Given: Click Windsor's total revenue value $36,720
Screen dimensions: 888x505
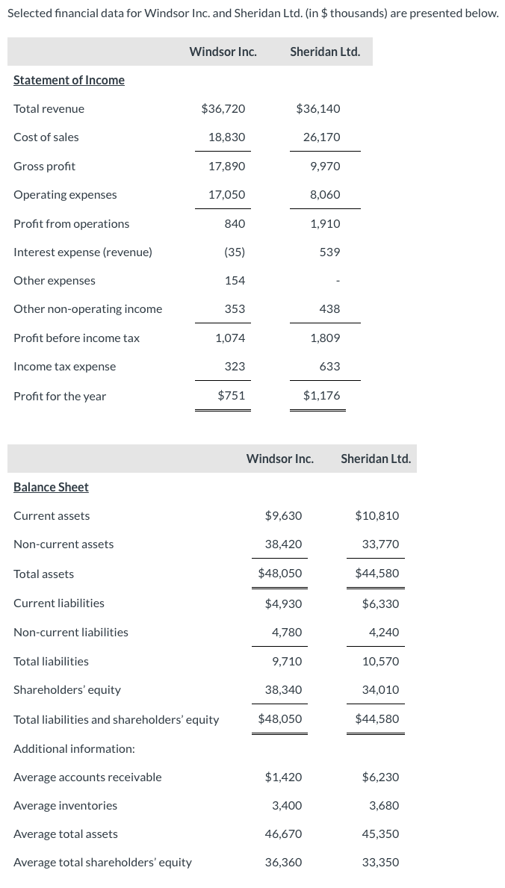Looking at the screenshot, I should [x=223, y=109].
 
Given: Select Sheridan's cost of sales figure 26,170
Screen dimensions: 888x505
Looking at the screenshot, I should [x=321, y=137].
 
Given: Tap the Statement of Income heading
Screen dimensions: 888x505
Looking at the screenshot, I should [x=69, y=80].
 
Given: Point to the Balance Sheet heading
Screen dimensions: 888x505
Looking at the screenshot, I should [x=51, y=487].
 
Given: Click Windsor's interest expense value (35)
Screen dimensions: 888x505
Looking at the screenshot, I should [x=235, y=252].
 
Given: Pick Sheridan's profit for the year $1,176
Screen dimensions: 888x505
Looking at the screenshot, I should [x=321, y=396].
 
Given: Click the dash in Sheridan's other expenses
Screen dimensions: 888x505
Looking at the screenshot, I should [x=338, y=282].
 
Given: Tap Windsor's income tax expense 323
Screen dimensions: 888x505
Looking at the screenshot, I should [x=235, y=367].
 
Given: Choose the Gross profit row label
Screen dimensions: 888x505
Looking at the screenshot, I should [x=44, y=166].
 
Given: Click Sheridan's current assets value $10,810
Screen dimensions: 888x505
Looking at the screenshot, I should [x=377, y=516].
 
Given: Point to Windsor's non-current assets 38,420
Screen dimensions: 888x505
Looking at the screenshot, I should [x=283, y=544].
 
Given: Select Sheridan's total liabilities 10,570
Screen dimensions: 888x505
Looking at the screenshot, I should [x=380, y=662].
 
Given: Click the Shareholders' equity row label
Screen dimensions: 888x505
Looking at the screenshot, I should [x=67, y=690].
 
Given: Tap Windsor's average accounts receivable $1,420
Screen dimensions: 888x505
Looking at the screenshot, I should [x=283, y=777].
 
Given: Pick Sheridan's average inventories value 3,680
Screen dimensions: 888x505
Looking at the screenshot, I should [x=384, y=806].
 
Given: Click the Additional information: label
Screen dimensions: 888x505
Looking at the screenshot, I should [x=74, y=748].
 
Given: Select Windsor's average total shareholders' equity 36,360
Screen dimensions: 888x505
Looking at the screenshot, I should [x=283, y=863].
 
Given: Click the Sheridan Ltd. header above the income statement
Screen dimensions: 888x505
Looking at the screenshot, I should [x=325, y=52].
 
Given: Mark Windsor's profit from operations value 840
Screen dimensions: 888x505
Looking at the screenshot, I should [x=235, y=224].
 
